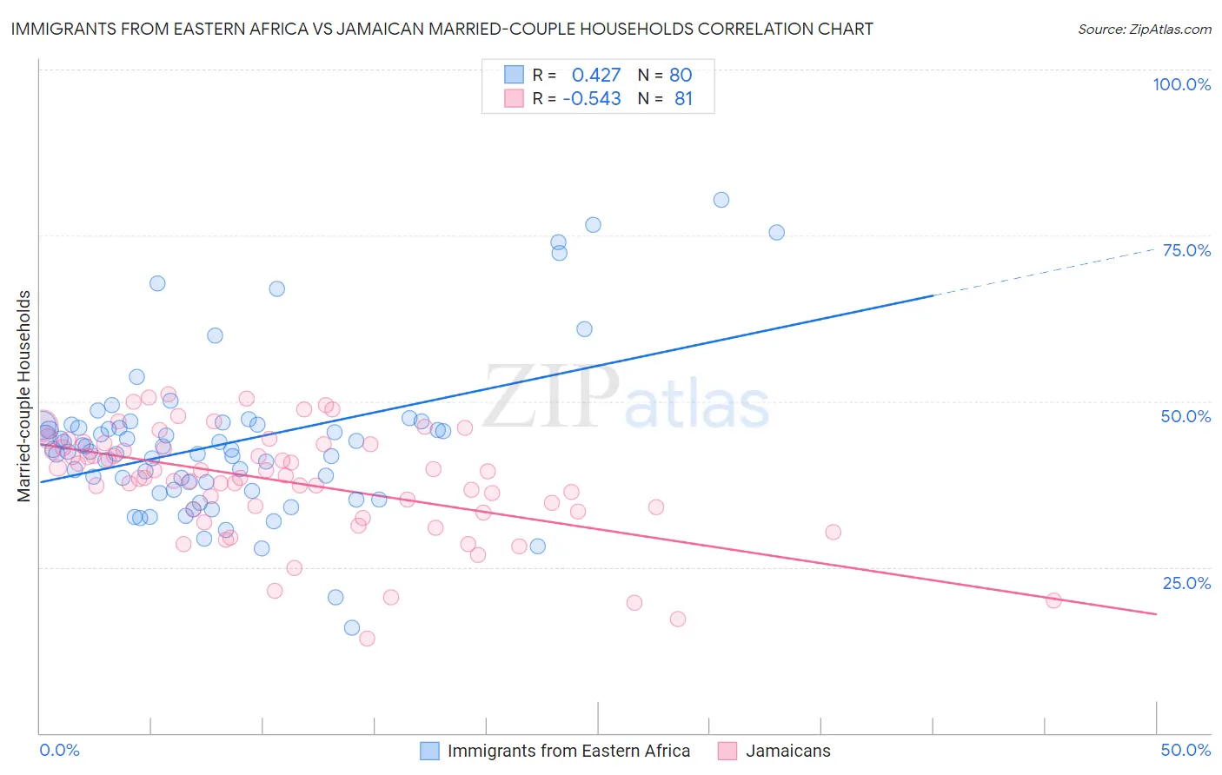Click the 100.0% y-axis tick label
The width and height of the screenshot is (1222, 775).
point(1181,84)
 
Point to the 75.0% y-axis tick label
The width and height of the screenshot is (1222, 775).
point(1186,250)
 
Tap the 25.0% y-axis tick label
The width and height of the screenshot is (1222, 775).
point(1186,583)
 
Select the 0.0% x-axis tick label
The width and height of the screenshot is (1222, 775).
point(59,750)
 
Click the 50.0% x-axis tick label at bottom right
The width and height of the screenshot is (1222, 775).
point(1185,750)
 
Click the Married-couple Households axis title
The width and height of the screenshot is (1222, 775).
point(24,396)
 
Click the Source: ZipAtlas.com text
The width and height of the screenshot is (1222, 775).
point(1144,29)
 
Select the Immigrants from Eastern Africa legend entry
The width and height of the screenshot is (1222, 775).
point(568,751)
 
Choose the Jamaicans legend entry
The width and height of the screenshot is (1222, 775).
point(787,751)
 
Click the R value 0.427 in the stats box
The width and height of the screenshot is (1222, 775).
point(596,75)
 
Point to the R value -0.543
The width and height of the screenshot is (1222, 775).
point(591,99)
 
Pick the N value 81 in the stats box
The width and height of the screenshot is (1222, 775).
point(683,99)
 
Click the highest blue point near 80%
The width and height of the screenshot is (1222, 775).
point(721,200)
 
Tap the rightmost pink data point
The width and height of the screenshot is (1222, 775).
point(1053,600)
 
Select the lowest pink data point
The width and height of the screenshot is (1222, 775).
point(367,639)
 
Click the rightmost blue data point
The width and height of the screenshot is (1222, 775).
point(776,233)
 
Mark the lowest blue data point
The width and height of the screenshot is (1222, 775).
point(352,628)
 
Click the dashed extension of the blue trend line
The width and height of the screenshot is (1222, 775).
point(1043,272)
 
